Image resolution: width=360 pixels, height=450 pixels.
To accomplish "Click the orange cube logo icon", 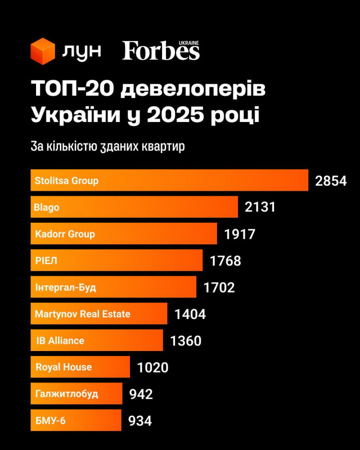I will tap(43, 51).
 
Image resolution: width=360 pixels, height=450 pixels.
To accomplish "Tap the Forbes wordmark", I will tap(161, 51).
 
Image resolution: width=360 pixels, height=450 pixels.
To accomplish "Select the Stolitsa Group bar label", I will tap(66, 181).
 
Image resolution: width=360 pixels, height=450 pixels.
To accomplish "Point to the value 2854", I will tap(331, 181).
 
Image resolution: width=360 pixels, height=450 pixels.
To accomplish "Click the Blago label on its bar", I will tap(47, 207).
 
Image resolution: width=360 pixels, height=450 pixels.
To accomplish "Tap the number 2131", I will tap(260, 207).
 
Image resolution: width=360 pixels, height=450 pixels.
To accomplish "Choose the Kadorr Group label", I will tap(65, 233).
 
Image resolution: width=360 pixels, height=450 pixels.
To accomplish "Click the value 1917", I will tap(240, 234).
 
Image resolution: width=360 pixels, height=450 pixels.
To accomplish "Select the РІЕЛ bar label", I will tap(46, 260).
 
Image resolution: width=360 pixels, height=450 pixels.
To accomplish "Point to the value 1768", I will tap(225, 261).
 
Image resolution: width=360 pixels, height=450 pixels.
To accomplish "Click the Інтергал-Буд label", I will tap(65, 287).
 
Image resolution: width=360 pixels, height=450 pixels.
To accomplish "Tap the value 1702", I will tap(219, 287).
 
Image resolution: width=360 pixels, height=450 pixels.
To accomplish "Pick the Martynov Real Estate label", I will tap(82, 314).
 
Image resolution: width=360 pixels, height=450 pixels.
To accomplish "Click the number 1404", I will tap(190, 314).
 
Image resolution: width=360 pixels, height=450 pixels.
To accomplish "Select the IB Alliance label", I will tap(60, 340).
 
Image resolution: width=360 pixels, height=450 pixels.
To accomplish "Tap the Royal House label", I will tap(63, 367).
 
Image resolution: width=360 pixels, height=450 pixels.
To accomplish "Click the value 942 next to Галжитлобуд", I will tap(141, 394).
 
